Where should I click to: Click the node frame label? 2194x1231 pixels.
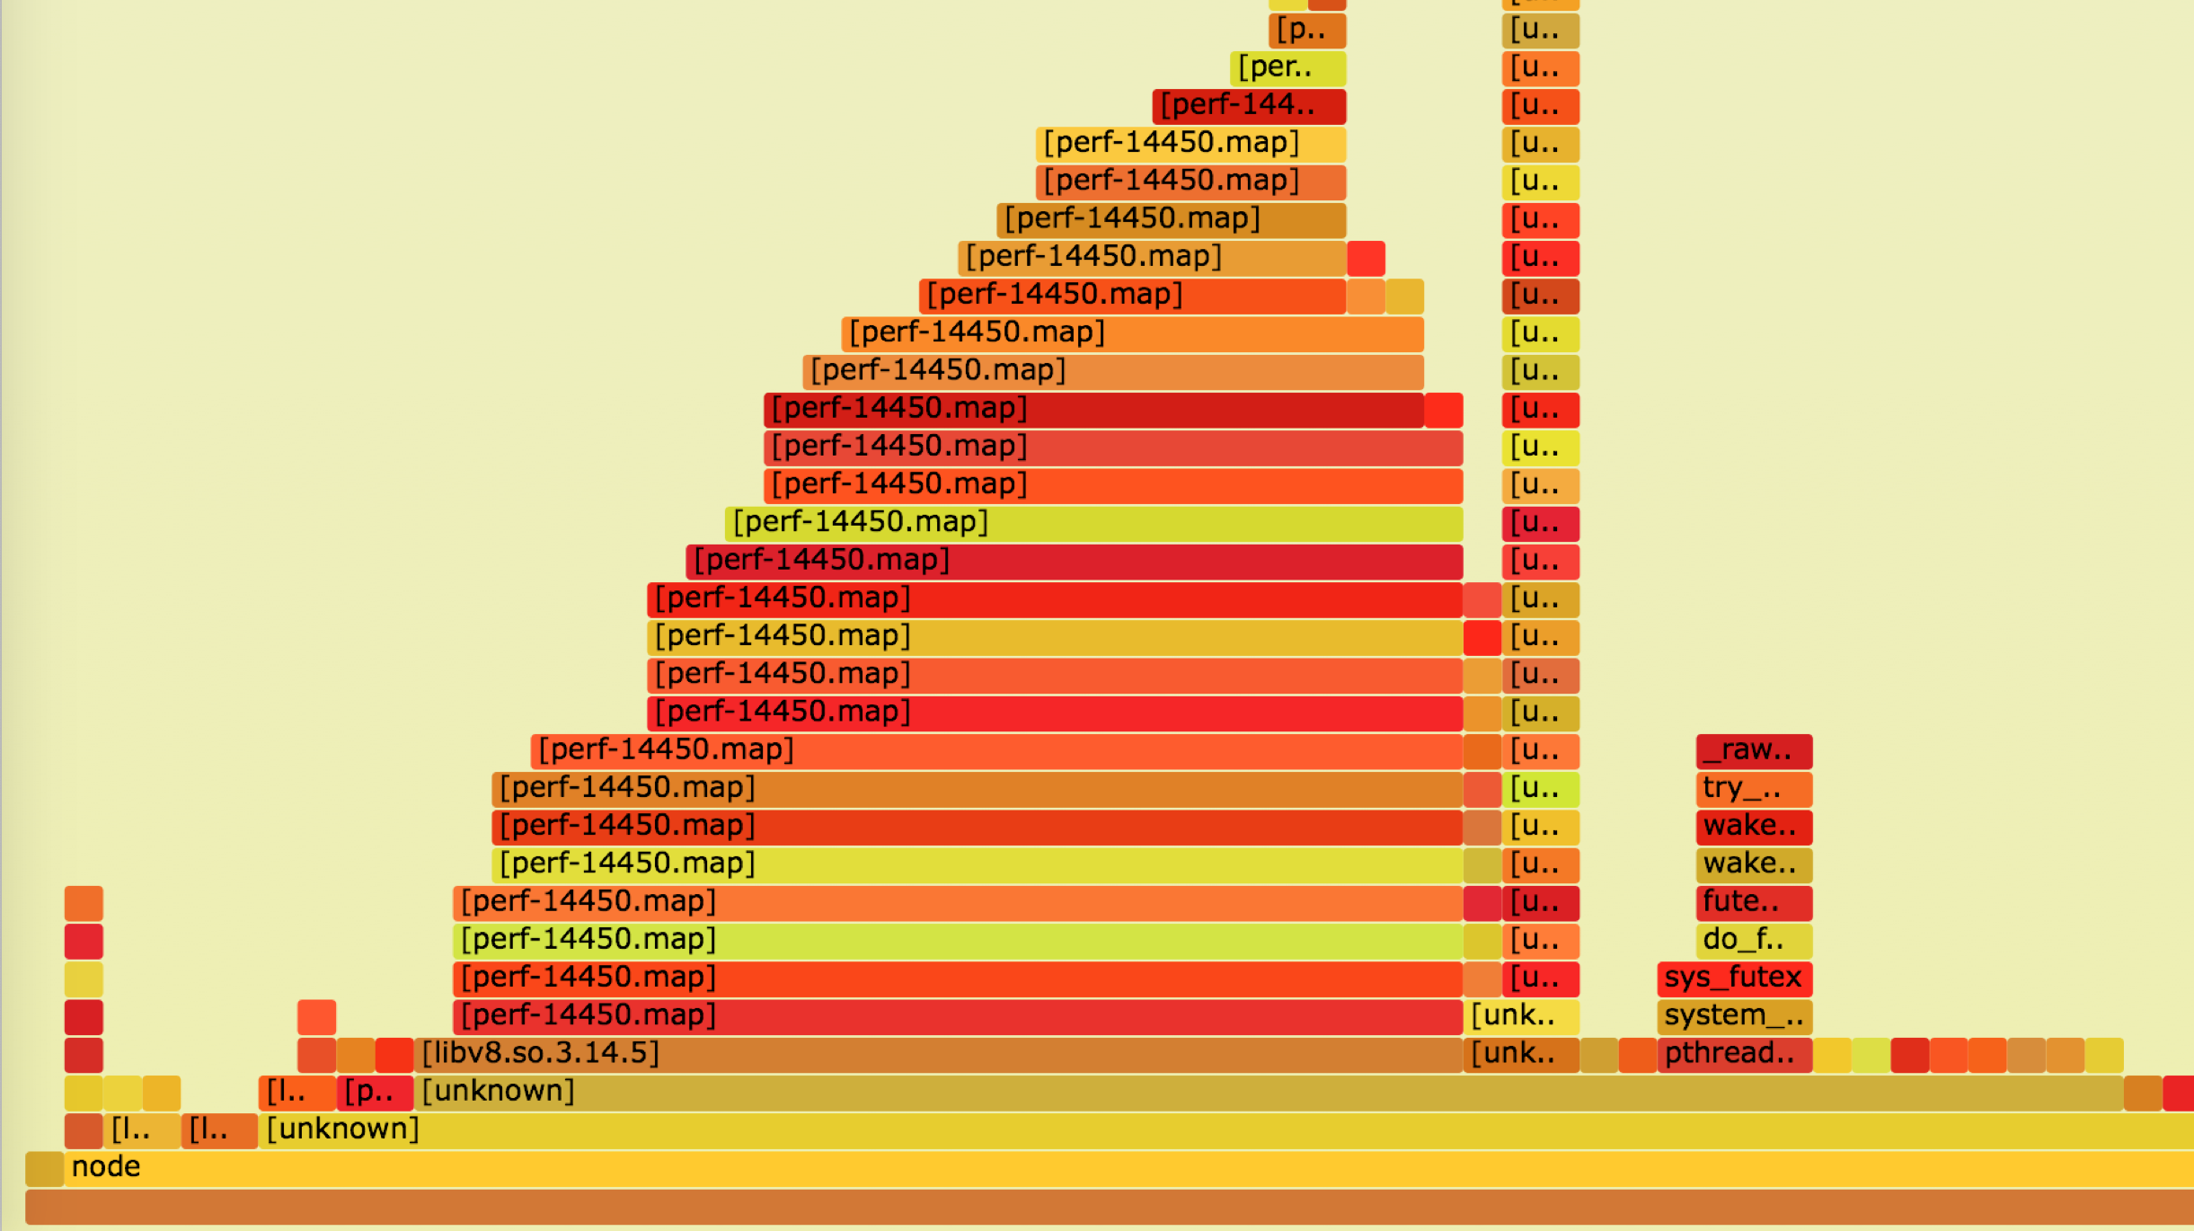coord(106,1167)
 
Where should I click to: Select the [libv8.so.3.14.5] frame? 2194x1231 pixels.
coord(938,1054)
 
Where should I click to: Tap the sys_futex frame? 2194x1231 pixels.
coord(1733,978)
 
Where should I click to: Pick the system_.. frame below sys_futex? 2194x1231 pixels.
coord(1733,1016)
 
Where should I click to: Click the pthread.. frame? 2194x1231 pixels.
coord(1733,1054)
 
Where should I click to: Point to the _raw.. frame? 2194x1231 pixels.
coord(1753,750)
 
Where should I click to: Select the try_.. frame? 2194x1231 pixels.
coord(1753,789)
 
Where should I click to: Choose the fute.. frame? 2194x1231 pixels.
coord(1753,902)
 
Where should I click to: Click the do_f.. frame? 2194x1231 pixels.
coord(1753,940)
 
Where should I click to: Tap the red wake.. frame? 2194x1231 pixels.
coord(1753,827)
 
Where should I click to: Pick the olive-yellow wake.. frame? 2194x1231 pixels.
coord(1753,864)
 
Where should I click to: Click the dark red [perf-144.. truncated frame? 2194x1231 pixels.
coord(1248,106)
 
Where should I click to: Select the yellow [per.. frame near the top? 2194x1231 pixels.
coord(1287,68)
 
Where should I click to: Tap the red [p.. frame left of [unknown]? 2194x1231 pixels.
coord(375,1092)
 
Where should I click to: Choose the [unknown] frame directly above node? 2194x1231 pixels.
coord(1168,1129)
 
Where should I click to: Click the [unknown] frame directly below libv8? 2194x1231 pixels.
coord(1258,1092)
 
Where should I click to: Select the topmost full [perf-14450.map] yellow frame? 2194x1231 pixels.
coord(1190,144)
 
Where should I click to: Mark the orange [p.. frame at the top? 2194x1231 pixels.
coord(1306,31)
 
